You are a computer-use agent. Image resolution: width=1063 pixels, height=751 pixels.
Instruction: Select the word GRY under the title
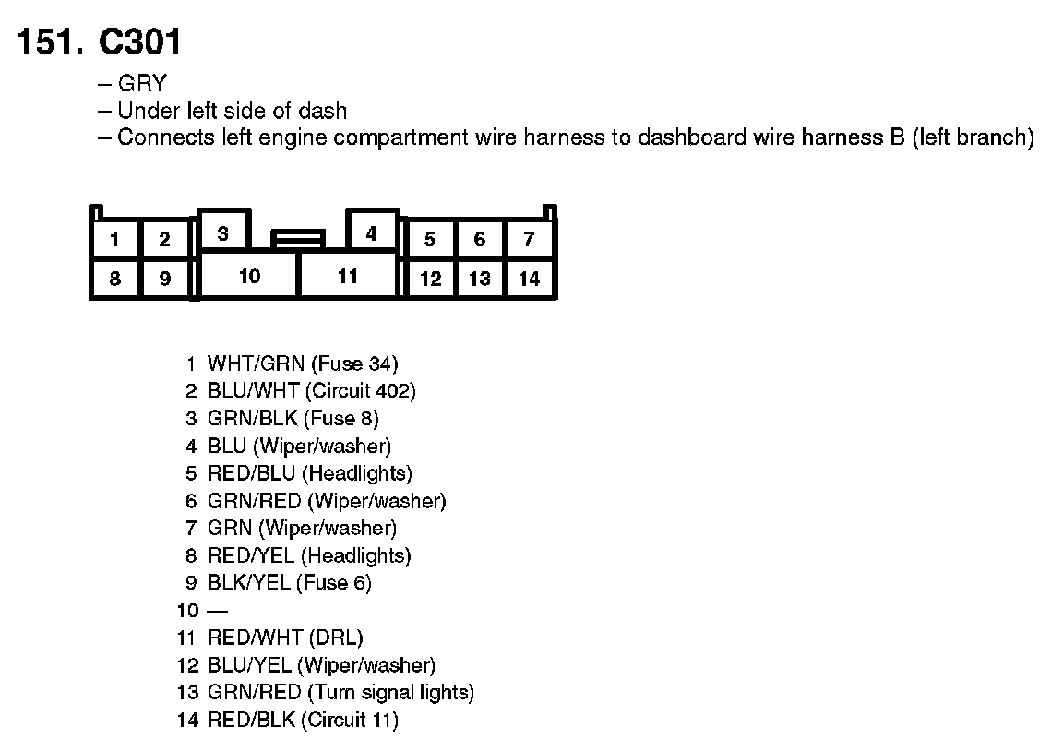click(142, 83)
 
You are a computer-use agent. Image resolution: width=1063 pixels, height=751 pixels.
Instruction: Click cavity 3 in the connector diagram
click(223, 233)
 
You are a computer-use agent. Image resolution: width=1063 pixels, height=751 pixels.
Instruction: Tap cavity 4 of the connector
click(371, 233)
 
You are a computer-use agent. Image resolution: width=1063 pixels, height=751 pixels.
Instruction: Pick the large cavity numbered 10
click(249, 276)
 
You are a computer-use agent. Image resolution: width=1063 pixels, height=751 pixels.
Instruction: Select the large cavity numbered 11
click(348, 276)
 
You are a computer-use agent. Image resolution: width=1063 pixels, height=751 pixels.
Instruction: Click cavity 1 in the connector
click(114, 240)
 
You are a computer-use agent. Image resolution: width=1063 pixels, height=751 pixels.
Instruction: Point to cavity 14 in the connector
click(529, 279)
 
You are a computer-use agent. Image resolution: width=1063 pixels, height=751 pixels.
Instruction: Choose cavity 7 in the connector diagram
click(529, 240)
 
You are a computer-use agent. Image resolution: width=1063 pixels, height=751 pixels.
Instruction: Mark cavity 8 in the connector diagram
click(114, 279)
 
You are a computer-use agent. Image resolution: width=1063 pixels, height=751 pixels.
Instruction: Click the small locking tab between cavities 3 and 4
click(297, 240)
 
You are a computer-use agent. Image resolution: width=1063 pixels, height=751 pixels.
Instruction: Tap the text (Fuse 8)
click(341, 419)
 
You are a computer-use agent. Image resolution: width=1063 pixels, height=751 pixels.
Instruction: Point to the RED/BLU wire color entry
click(251, 474)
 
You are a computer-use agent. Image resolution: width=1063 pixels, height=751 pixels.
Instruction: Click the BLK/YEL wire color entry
click(249, 583)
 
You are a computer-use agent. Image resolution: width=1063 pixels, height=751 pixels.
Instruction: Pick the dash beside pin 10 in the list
click(217, 611)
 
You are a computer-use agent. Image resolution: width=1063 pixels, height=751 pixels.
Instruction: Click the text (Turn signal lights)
click(391, 693)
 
